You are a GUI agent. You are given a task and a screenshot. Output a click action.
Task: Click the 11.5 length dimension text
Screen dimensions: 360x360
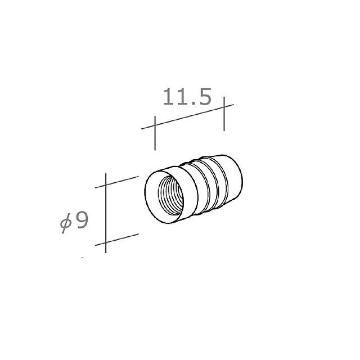[187, 97]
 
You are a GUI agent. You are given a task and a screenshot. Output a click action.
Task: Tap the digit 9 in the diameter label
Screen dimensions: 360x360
[82, 221]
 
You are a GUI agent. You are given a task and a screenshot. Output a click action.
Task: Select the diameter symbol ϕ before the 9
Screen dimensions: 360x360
[65, 223]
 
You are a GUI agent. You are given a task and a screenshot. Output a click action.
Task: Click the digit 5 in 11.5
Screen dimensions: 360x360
[202, 97]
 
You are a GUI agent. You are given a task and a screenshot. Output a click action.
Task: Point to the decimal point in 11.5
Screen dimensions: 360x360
[191, 105]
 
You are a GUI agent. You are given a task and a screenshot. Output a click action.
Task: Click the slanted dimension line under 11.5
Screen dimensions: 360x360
[188, 116]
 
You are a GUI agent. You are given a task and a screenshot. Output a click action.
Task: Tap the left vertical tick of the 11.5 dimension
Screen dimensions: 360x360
[154, 132]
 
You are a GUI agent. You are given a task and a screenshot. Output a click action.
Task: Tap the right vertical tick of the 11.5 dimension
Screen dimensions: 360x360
[224, 114]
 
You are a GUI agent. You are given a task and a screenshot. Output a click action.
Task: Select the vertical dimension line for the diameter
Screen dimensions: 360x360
[106, 214]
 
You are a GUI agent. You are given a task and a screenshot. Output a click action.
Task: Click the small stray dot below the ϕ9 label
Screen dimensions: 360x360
[82, 258]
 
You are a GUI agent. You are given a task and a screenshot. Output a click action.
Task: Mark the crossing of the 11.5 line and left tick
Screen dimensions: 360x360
[154, 125]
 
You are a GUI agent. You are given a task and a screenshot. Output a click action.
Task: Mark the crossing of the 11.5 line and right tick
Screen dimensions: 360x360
[224, 107]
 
